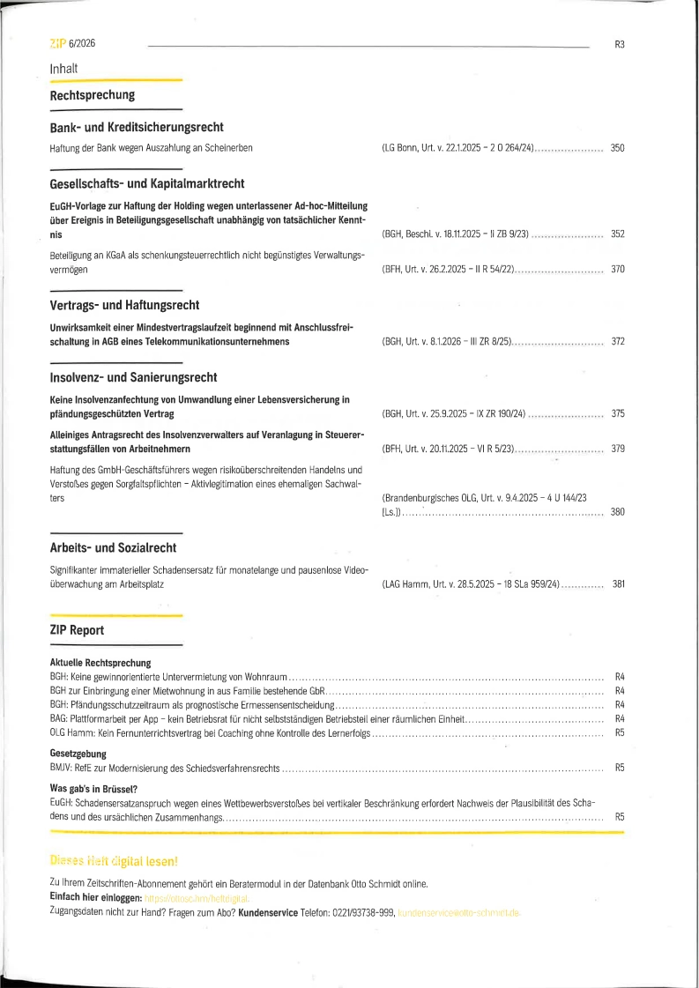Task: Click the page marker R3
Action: click(619, 45)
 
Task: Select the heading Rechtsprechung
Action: click(93, 95)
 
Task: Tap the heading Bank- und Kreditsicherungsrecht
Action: click(137, 128)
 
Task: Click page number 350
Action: click(617, 148)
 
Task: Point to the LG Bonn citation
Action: click(458, 148)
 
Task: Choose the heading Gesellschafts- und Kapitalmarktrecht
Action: click(147, 184)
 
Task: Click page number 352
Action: click(617, 234)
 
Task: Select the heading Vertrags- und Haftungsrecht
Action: click(124, 306)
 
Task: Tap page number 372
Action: click(617, 341)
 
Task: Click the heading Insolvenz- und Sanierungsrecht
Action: click(133, 378)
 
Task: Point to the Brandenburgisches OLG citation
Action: click(484, 498)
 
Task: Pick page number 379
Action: click(617, 449)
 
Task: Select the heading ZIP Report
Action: click(78, 630)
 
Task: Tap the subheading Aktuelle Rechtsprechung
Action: click(100, 662)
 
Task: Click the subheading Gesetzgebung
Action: click(78, 754)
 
